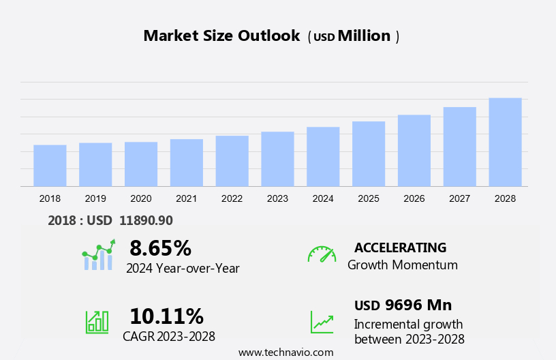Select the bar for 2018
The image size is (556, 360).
[x=50, y=166]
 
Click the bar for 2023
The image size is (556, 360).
[x=277, y=159]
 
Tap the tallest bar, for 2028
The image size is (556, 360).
[x=505, y=142]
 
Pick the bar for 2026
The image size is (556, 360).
[x=414, y=151]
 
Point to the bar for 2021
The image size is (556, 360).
[x=187, y=163]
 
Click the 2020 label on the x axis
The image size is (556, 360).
[x=141, y=198]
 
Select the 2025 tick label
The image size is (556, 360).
[x=369, y=198]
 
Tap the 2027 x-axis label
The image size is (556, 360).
[x=460, y=198]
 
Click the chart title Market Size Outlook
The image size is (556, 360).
[x=221, y=36]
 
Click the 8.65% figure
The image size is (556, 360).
[x=160, y=247]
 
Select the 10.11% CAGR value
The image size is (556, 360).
[x=166, y=316]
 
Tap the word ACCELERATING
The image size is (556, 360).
[x=400, y=247]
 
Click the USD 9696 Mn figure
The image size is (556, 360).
[x=403, y=305]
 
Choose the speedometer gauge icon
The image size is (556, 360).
[x=322, y=254]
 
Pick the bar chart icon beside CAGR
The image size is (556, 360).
[x=97, y=322]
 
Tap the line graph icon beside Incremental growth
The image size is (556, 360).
[x=322, y=322]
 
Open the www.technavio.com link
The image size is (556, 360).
[x=285, y=352]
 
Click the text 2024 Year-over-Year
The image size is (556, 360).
[x=183, y=268]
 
